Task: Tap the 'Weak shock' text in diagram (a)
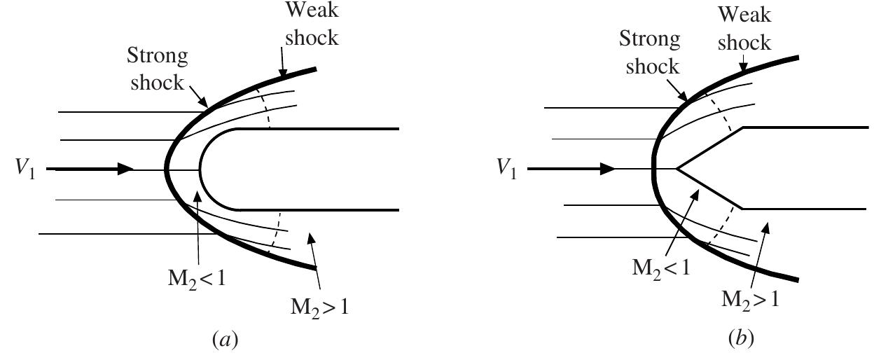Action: (x=311, y=25)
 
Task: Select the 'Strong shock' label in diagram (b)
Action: (x=650, y=53)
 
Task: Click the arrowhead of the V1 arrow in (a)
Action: (x=126, y=169)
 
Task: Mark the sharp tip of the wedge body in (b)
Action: (x=677, y=169)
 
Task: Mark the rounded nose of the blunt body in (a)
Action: (x=200, y=169)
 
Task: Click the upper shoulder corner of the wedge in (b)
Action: (x=743, y=127)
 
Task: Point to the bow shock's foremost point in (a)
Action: (x=167, y=169)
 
